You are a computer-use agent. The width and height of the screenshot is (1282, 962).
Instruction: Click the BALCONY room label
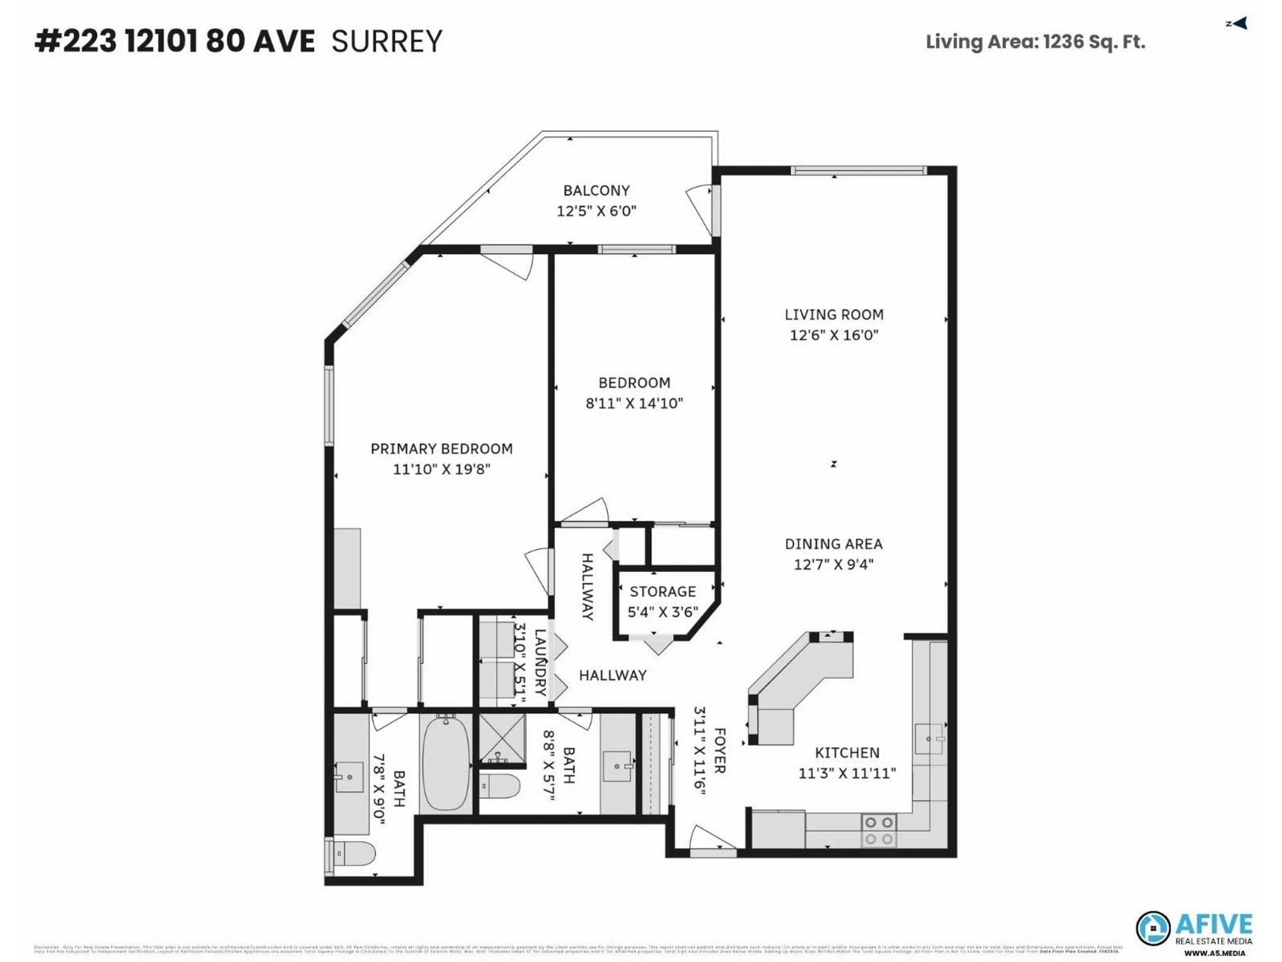tap(596, 190)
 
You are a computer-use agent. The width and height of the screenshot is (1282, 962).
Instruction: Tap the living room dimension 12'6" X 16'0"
tap(834, 335)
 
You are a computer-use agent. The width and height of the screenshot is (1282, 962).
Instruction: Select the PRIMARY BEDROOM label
tap(442, 449)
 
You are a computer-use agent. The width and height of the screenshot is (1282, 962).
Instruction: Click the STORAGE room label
tap(662, 592)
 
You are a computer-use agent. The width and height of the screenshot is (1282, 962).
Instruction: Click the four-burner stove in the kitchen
tap(879, 830)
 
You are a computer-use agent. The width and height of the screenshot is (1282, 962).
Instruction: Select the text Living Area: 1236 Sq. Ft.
tap(1035, 42)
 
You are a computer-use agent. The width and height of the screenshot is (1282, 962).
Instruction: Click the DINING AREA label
tap(833, 544)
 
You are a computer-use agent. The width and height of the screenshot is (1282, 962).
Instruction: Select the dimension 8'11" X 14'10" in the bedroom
tap(634, 404)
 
